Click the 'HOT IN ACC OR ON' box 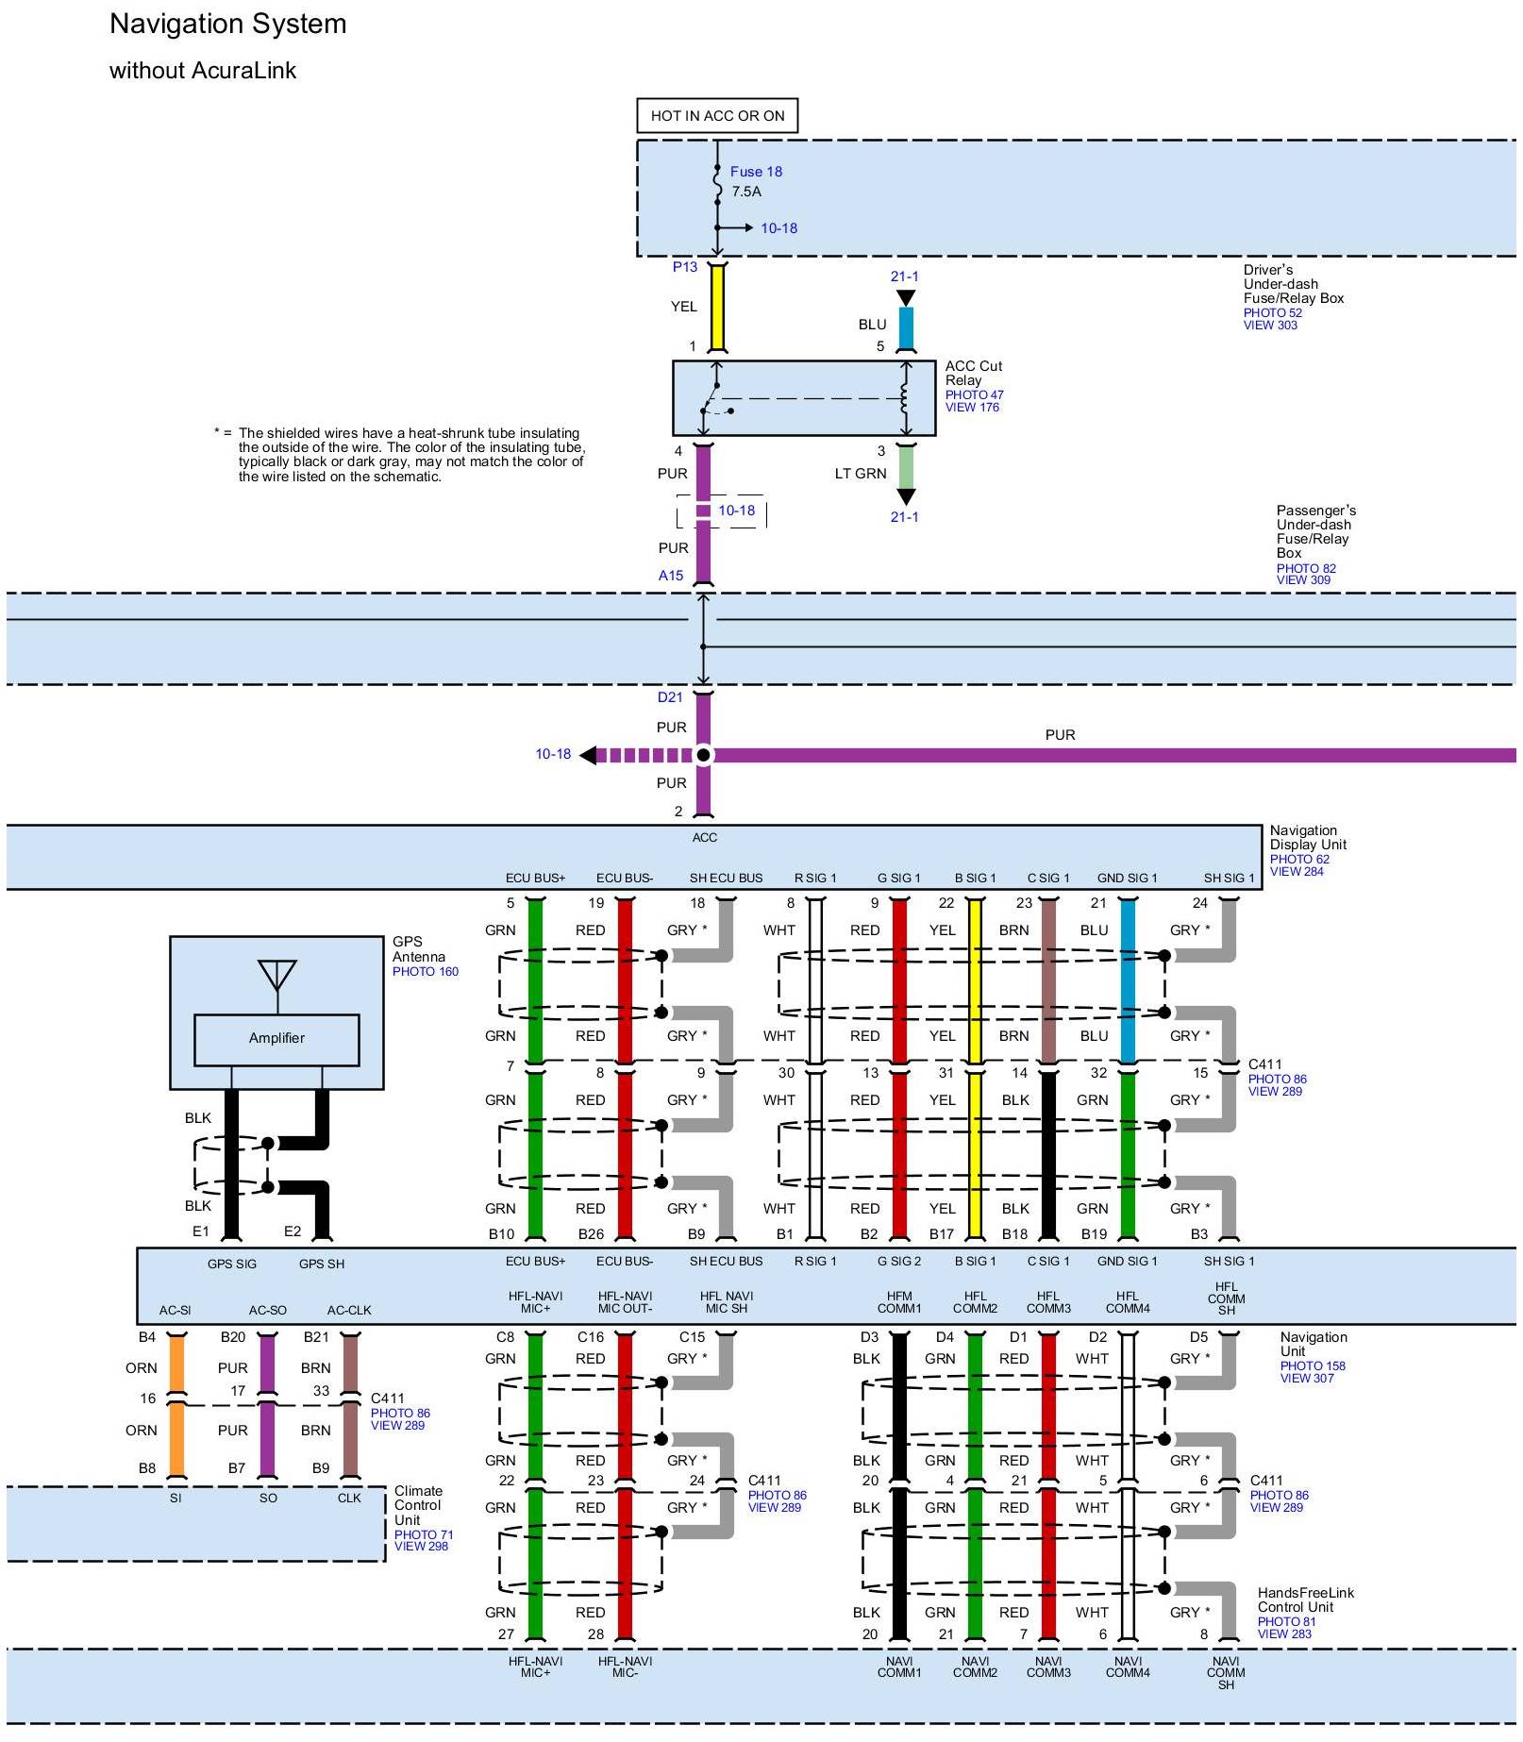pos(717,116)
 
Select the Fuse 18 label pos(756,172)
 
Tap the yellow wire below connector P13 pos(717,307)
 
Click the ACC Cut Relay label pos(973,373)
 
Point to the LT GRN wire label pos(860,474)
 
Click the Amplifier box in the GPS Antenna pos(276,1039)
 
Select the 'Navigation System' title pos(228,25)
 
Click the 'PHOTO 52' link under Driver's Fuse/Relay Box pos(1272,312)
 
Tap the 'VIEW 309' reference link pos(1303,580)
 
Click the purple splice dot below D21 pos(703,755)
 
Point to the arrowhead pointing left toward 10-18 pos(588,755)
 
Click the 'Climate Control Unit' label pos(418,1505)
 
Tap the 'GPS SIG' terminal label pos(232,1265)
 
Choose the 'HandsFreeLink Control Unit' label pos(1304,1600)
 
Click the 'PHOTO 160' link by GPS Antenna pos(425,972)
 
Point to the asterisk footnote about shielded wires pos(401,455)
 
